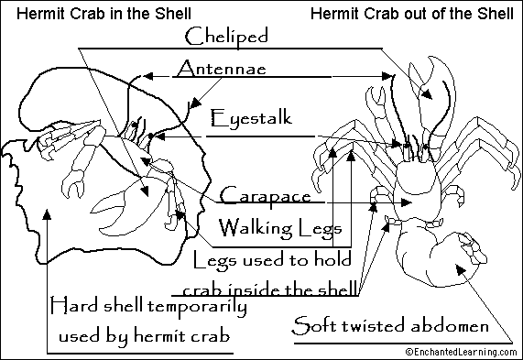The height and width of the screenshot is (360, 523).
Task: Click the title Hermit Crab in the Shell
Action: [x=80, y=13]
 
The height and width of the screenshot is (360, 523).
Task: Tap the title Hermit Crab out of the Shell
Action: [x=412, y=13]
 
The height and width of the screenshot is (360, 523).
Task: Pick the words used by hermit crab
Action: [x=143, y=334]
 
